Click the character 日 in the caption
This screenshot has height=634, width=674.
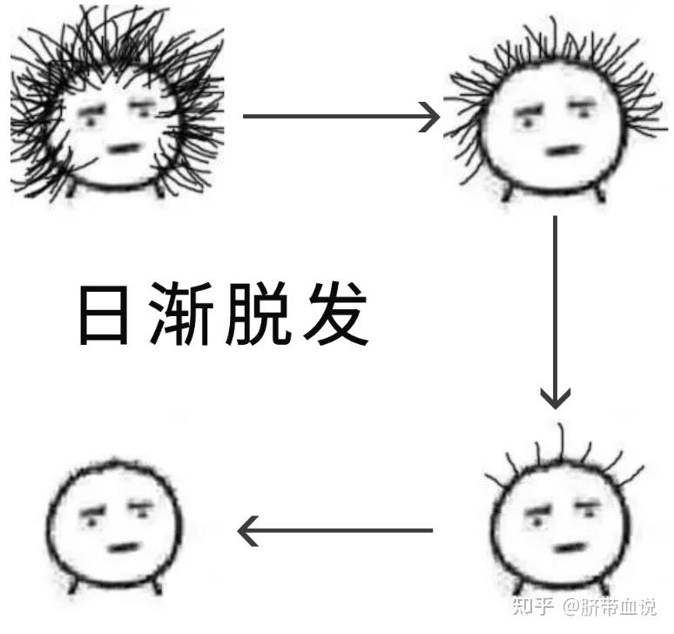click(104, 314)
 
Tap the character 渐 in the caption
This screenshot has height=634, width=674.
click(181, 314)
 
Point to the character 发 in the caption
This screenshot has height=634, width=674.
click(336, 314)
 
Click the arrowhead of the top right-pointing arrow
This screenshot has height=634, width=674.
click(430, 117)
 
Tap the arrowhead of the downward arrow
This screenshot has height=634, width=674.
click(556, 399)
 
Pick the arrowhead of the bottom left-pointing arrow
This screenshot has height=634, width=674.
click(247, 531)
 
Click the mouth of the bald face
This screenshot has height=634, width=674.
click(124, 548)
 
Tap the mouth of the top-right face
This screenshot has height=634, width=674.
click(563, 151)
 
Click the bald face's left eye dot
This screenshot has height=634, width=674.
click(91, 523)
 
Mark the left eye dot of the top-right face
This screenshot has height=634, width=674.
click(527, 124)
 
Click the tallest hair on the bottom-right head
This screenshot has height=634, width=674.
click(561, 442)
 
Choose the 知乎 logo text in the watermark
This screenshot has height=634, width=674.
click(533, 606)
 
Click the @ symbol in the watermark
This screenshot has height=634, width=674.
click(572, 606)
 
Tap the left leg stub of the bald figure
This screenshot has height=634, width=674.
click(73, 585)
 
